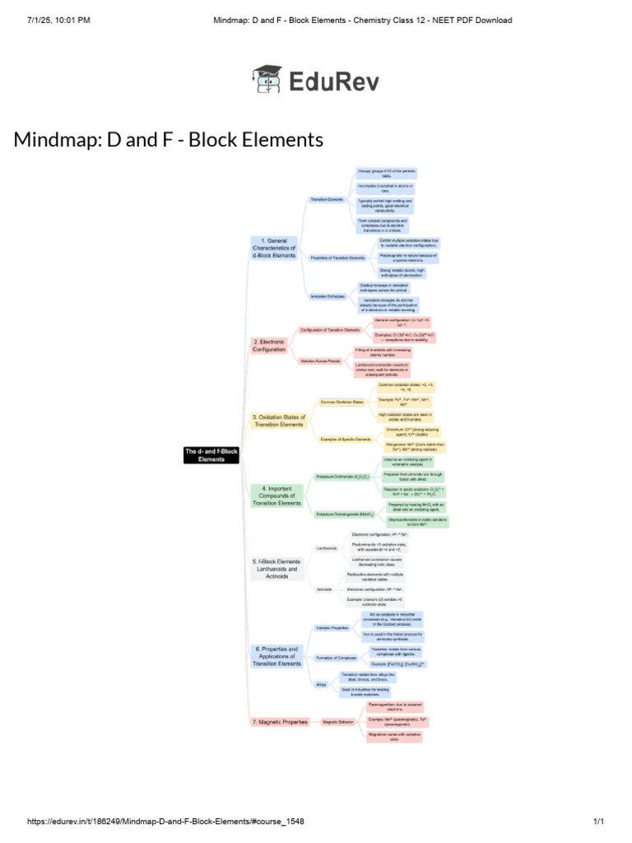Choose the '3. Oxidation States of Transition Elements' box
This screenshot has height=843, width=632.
pos(279,421)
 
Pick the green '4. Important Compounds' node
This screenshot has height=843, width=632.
pos(277,496)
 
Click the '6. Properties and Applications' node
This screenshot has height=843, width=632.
pos(277,656)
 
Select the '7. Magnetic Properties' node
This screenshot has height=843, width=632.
pos(280,721)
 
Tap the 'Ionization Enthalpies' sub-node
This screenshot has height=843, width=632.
pos(327,296)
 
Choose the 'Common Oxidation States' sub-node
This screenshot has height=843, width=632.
pos(346,403)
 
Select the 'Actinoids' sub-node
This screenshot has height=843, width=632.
pos(325,589)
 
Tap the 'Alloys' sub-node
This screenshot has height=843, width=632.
pos(321,684)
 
